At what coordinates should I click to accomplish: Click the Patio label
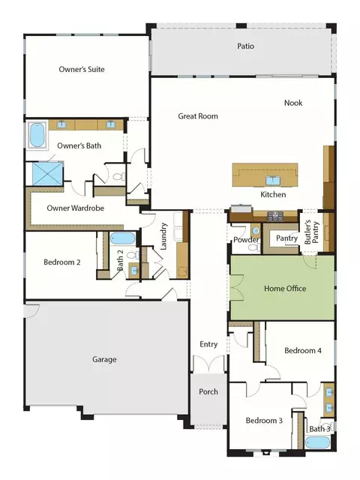point(245,46)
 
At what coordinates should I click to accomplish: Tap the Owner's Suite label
point(82,69)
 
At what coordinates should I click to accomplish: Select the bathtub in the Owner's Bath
point(37,135)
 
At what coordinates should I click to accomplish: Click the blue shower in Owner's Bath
point(48,173)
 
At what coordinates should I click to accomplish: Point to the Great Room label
point(198,116)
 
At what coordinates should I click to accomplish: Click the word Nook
point(293,103)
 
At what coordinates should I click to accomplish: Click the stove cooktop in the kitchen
point(275,216)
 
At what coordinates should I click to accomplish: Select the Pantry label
point(286,238)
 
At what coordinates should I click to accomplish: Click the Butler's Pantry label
point(312,232)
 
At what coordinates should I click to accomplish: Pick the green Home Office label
point(285,288)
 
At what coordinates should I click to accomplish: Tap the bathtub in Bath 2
point(122,238)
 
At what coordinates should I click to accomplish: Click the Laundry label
point(163,236)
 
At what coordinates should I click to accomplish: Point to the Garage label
point(104,359)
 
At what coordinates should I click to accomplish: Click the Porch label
point(208,391)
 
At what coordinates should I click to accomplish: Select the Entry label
point(208,344)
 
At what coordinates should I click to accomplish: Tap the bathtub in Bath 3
point(318,442)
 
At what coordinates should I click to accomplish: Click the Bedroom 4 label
point(303,350)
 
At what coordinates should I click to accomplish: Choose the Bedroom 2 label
point(62,262)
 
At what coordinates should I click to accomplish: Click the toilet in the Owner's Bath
point(118,177)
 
